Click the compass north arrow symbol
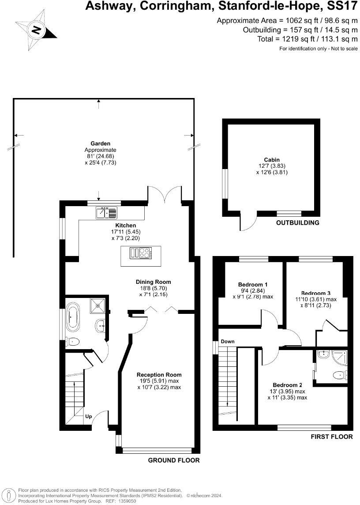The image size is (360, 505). (36, 30)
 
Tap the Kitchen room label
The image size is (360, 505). (122, 225)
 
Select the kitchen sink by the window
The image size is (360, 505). (106, 213)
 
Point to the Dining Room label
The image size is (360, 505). (153, 282)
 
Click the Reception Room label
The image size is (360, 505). (159, 375)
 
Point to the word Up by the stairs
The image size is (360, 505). (89, 416)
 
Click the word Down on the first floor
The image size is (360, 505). (228, 341)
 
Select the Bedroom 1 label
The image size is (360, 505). (252, 285)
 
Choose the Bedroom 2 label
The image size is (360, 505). (287, 384)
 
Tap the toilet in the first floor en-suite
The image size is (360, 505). (339, 375)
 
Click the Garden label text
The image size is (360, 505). (100, 143)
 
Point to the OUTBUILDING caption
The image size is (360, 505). (297, 222)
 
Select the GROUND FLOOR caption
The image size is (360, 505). (173, 460)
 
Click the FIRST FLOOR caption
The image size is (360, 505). (331, 437)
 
